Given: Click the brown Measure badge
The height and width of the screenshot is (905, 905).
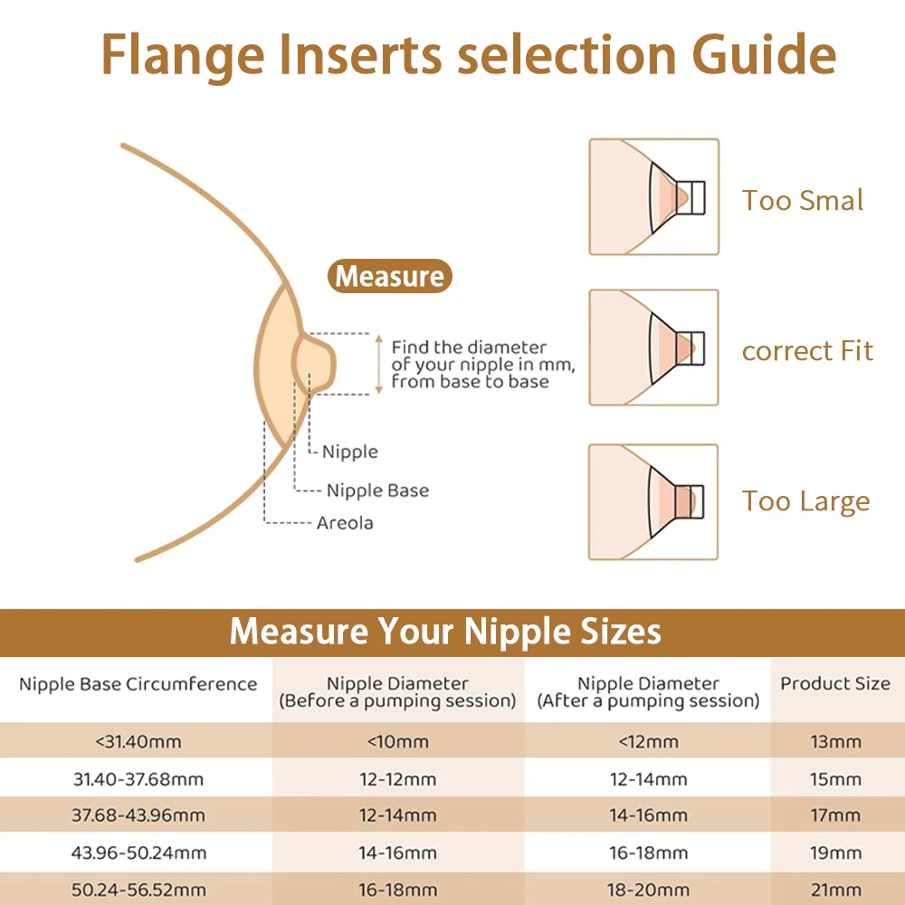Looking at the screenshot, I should point(390,276).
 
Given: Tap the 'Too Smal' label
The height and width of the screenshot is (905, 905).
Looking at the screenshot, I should point(803,200).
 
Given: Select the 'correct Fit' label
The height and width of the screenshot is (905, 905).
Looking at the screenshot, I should point(807,351).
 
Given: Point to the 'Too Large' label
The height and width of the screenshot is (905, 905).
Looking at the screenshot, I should point(805,501).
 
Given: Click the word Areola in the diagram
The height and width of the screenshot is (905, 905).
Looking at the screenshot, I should point(345,523).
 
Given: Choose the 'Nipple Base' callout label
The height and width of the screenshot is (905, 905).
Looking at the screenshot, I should point(377,491).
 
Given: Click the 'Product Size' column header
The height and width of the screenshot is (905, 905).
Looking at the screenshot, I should point(835,684).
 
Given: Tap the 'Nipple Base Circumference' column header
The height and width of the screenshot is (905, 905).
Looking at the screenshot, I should point(138,684).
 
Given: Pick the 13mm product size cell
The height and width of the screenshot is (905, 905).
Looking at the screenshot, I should point(835,742).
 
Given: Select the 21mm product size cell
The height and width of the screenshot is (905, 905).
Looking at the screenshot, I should point(835,890).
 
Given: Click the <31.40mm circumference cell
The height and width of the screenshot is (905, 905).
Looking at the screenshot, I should point(138,742).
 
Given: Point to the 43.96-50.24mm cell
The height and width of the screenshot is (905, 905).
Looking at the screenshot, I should point(138,853).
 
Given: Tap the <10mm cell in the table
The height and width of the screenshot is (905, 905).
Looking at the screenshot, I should point(397,742).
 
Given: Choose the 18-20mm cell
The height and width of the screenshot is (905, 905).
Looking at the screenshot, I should point(648,890).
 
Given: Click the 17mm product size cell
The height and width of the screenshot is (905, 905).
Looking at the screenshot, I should point(835,815).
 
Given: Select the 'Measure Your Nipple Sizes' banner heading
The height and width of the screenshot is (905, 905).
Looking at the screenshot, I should point(445,631).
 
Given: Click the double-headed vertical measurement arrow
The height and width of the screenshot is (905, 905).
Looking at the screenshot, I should point(378,363).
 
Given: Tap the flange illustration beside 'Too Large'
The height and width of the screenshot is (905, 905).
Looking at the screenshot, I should point(653,501).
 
